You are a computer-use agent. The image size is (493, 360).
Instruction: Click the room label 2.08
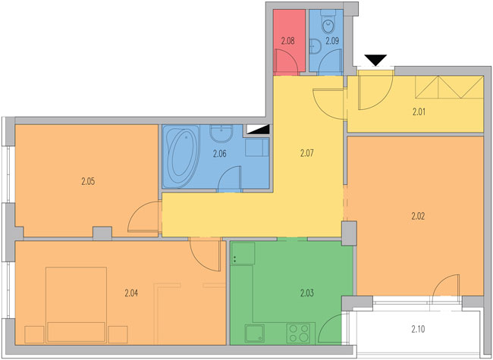tap(287, 41)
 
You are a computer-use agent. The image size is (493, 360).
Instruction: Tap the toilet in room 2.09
tap(328, 21)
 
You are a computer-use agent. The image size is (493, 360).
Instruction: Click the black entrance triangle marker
tap(375, 60)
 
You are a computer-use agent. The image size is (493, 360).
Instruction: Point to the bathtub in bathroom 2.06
tap(182, 156)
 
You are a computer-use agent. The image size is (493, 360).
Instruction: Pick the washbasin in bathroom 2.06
tap(221, 133)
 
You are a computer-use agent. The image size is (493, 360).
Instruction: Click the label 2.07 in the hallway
tap(307, 153)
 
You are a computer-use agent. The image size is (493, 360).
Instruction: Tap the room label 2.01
tap(419, 112)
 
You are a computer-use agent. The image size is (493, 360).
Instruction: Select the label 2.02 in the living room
tap(418, 216)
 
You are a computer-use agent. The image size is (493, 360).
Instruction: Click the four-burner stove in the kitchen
tap(298, 333)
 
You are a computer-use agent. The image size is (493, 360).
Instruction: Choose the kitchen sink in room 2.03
tap(254, 333)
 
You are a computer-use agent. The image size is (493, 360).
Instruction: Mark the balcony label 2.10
tap(418, 329)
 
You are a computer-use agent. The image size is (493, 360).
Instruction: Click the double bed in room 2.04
tap(76, 305)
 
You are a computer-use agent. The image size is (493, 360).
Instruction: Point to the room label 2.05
tap(88, 182)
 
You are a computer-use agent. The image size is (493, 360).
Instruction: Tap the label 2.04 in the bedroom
tap(131, 293)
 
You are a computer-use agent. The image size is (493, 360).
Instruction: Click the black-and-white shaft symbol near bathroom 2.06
tap(258, 129)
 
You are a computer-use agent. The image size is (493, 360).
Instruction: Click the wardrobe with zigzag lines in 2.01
tap(449, 86)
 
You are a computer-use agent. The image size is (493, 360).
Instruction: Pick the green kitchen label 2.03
tap(307, 293)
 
